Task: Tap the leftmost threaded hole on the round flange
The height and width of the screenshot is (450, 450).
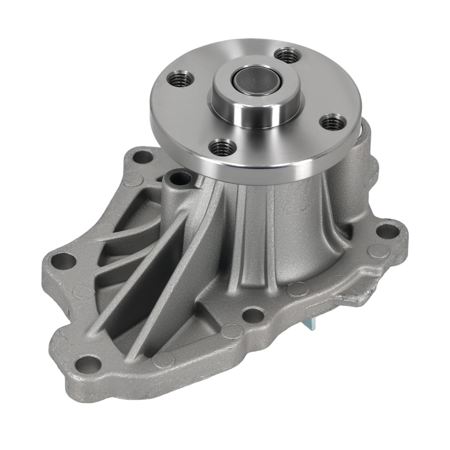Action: point(181,80)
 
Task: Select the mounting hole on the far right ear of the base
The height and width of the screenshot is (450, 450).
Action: point(387,230)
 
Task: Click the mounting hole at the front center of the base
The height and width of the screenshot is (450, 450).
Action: point(253,315)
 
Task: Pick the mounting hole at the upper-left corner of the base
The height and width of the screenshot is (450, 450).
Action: point(143,157)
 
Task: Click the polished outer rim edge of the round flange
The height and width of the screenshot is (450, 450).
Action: point(252,173)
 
